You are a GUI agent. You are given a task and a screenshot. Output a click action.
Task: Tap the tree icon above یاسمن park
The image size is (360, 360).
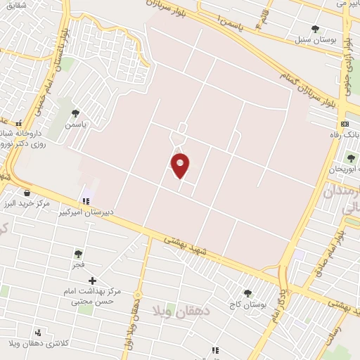coord(75,112)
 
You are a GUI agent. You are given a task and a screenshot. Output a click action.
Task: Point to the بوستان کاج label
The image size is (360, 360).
coord(246,305)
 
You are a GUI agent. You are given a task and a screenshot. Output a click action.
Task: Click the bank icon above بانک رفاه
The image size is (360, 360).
coord(344,124)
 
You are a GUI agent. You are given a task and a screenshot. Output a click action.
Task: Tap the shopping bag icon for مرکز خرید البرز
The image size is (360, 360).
coord(27,193)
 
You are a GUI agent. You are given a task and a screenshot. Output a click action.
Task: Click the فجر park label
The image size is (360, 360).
coord(78,265)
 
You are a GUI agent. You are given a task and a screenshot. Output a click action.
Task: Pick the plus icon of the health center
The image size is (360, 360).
coord(92,281)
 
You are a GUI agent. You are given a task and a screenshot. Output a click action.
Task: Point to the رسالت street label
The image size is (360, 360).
coord(352,325)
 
